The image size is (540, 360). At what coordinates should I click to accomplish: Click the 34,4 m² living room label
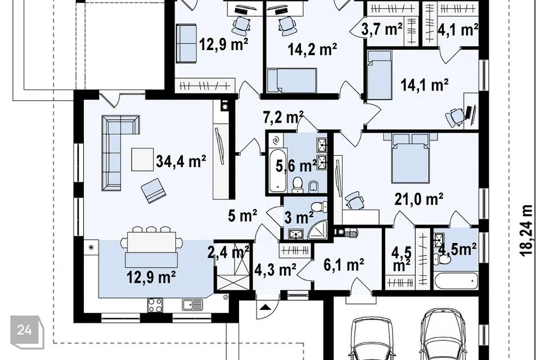click(x=181, y=161)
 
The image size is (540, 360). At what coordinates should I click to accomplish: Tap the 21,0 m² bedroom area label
click(x=418, y=199)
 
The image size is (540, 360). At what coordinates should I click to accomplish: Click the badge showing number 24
click(x=25, y=330)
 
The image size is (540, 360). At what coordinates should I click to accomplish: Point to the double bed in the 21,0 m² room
click(x=411, y=159)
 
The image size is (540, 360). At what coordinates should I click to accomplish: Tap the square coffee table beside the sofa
click(x=142, y=159)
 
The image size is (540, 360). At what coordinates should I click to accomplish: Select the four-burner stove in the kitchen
click(x=155, y=304)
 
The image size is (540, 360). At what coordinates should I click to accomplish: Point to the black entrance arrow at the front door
click(x=265, y=307)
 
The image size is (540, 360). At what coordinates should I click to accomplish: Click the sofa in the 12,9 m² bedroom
click(x=186, y=43)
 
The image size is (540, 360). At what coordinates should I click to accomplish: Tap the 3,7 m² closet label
click(x=381, y=30)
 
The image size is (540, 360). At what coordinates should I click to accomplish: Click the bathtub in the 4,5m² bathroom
click(x=456, y=281)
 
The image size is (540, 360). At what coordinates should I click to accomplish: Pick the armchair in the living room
click(x=153, y=190)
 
